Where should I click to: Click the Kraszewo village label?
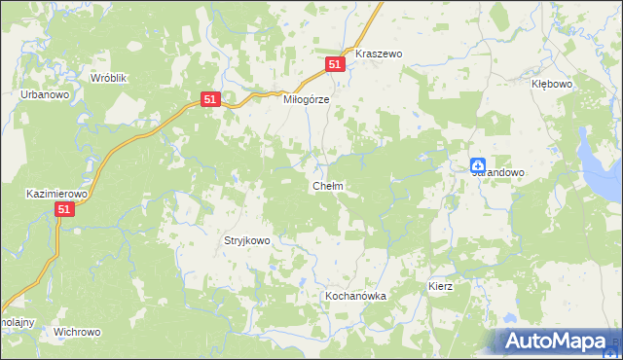point(380,54)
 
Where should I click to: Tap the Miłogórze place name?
point(307,99)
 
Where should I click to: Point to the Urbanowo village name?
point(44,95)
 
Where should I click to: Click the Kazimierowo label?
point(56,195)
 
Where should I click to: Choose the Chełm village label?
point(326,186)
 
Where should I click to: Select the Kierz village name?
point(442,288)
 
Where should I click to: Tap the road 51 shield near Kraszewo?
point(335,63)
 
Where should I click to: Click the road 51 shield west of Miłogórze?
point(212,99)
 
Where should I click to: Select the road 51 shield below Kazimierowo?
point(64,209)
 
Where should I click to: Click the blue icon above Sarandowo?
point(478,165)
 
